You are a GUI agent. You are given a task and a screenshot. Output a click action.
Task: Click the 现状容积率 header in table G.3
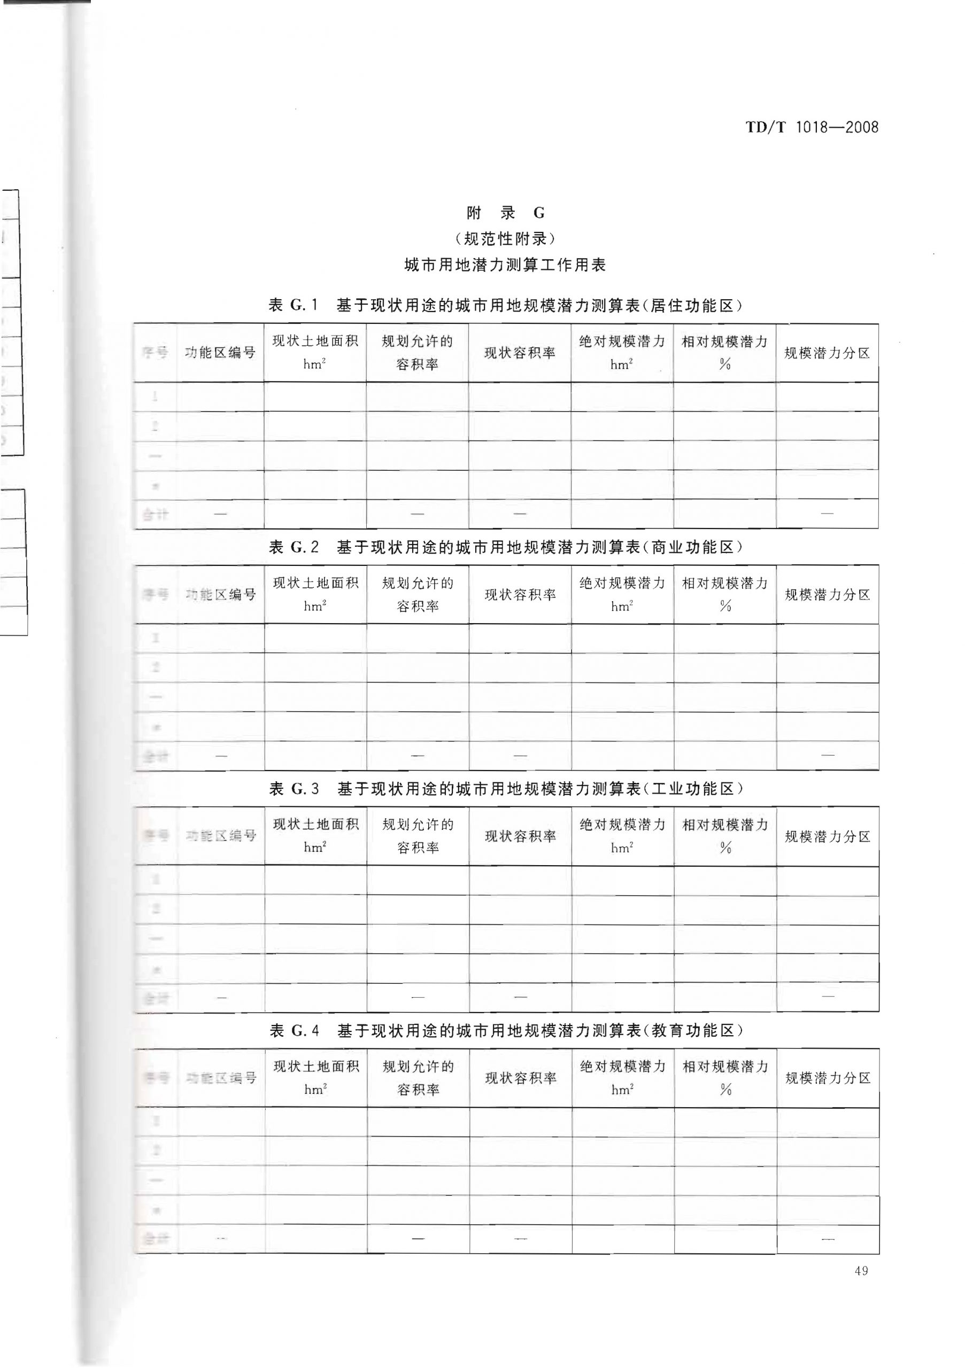(x=520, y=836)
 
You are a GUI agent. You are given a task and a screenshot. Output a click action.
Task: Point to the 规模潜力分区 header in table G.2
(x=827, y=595)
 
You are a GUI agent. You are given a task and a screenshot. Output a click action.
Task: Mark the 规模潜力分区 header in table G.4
(x=828, y=1078)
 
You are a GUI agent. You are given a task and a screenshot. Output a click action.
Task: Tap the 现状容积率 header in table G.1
(x=520, y=353)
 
